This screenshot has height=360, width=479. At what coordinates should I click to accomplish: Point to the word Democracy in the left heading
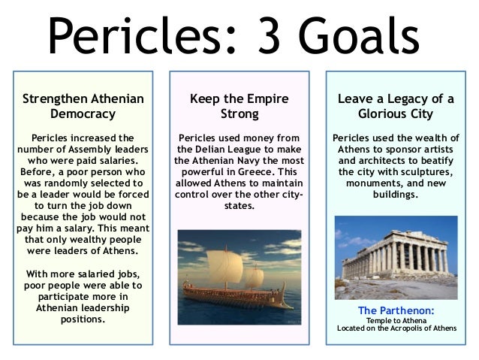pyautogui.click(x=83, y=114)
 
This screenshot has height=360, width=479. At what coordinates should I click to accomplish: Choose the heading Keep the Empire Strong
pyautogui.click(x=239, y=106)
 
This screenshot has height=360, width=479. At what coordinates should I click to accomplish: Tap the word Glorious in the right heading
pyautogui.click(x=384, y=114)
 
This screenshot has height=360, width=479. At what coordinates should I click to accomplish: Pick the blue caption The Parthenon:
pyautogui.click(x=396, y=310)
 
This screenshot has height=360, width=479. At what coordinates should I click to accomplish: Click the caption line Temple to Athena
pyautogui.click(x=396, y=320)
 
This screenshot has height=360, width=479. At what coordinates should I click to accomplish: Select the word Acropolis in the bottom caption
pyautogui.click(x=407, y=328)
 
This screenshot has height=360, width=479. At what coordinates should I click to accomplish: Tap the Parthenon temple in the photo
pyautogui.click(x=396, y=256)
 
